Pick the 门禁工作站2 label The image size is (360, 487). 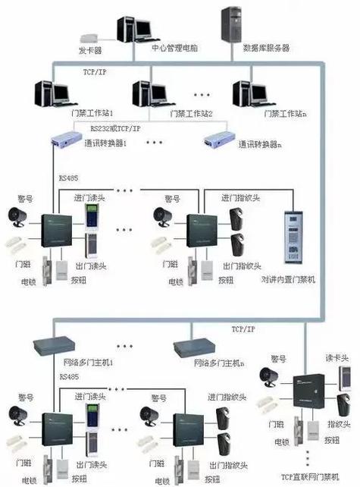pos(191,115)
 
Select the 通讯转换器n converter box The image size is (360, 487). pos(220,140)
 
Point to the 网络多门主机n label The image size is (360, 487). pos(219,363)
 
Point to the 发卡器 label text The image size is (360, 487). pos(89,50)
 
